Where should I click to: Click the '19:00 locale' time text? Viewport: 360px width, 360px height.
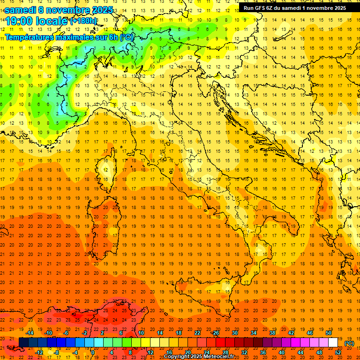tap(36, 21)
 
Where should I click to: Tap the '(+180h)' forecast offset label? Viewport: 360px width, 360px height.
tap(83, 21)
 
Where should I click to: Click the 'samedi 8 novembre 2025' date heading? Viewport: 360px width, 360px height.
tap(59, 10)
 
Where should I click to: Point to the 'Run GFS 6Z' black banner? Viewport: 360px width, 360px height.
tap(294, 7)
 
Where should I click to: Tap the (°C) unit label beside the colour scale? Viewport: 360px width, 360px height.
tap(349, 343)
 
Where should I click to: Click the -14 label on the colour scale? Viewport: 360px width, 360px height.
tap(30, 333)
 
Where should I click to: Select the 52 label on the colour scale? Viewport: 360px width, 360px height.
tap(338, 352)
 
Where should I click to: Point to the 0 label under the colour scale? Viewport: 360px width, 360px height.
tap(93, 352)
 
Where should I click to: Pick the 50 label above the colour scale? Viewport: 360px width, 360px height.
tap(329, 333)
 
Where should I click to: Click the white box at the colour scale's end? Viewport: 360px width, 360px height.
tap(333, 343)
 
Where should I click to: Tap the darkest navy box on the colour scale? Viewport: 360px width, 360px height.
tap(23, 343)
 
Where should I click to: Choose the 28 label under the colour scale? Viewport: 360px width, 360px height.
tap(225, 352)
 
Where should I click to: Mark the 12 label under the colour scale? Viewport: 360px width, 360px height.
tap(150, 352)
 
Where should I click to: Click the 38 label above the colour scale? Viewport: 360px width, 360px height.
tap(272, 333)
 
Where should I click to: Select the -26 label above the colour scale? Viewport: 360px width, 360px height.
tap(215, 333)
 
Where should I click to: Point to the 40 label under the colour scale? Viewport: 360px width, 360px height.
tap(281, 352)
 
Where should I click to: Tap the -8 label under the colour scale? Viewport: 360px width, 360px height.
tap(57, 352)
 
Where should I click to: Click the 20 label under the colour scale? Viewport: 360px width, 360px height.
tap(187, 352)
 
